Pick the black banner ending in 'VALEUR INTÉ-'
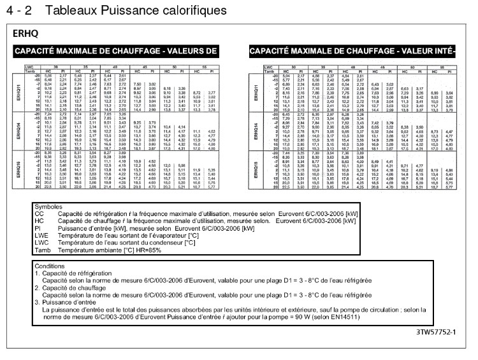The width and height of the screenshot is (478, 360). coord(352,51)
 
